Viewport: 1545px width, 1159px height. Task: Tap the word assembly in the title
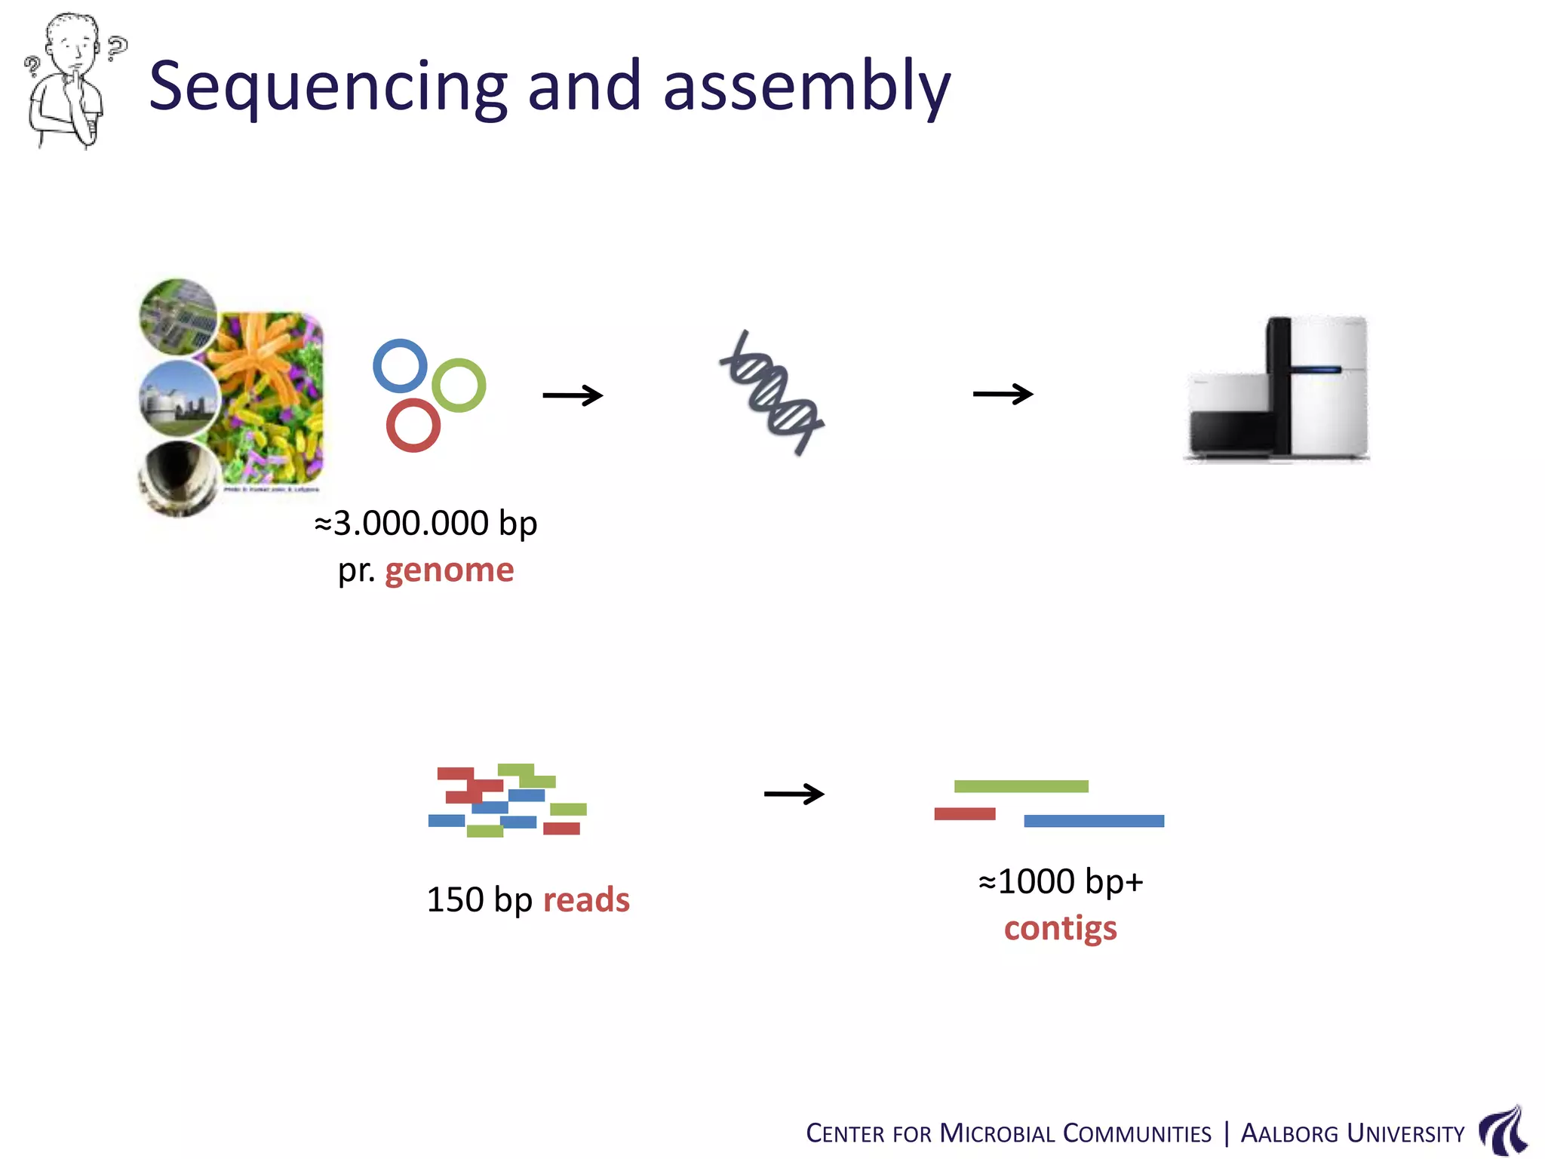click(x=806, y=87)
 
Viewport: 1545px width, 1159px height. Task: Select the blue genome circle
click(x=400, y=365)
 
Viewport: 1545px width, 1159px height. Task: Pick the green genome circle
click(x=459, y=385)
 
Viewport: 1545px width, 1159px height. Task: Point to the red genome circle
click(x=413, y=426)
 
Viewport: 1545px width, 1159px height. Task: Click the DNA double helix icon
click(x=772, y=393)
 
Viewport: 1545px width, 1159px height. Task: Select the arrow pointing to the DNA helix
click(x=573, y=395)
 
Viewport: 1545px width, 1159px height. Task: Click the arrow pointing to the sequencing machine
click(x=1003, y=394)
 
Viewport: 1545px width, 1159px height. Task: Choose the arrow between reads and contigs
click(x=794, y=794)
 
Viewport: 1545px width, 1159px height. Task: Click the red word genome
click(x=449, y=570)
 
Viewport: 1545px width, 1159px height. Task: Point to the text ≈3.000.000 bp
click(x=425, y=523)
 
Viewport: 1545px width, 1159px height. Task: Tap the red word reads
click(x=586, y=899)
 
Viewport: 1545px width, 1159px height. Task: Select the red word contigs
click(x=1060, y=928)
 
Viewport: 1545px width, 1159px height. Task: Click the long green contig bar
click(x=1021, y=786)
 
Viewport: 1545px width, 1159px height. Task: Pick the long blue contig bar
click(x=1093, y=821)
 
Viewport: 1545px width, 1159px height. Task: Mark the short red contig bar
click(x=964, y=813)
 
